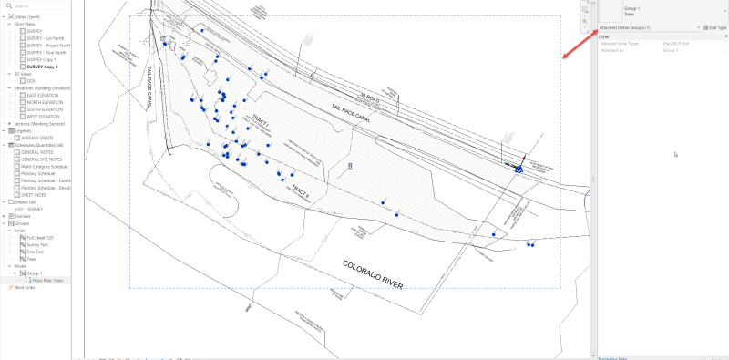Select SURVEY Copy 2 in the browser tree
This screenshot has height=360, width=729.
pyautogui.click(x=43, y=67)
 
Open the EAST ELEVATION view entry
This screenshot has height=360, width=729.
pyautogui.click(x=44, y=95)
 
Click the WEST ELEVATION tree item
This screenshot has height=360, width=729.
pyautogui.click(x=45, y=116)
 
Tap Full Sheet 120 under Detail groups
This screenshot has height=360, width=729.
pyautogui.click(x=40, y=238)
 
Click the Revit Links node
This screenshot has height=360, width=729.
pyautogui.click(x=24, y=288)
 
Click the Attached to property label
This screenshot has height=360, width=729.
pyautogui.click(x=612, y=49)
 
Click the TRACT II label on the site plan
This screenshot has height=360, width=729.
pyautogui.click(x=301, y=191)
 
